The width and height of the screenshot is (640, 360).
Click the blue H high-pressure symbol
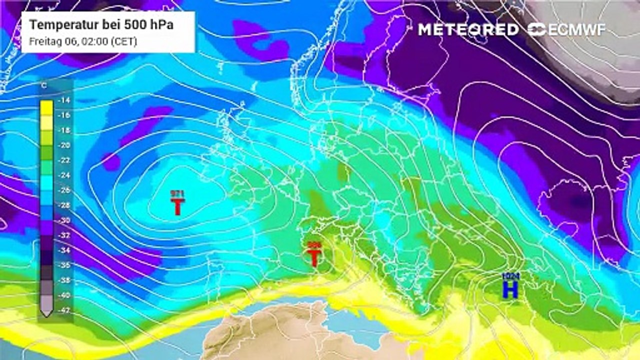(510, 289)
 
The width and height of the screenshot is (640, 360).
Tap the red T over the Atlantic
(177, 206)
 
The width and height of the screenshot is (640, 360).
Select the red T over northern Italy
(314, 257)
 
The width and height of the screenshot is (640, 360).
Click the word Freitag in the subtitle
(42, 41)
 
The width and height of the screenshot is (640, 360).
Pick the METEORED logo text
(468, 29)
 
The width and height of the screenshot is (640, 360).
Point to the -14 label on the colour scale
(63, 100)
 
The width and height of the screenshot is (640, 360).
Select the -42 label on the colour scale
(63, 310)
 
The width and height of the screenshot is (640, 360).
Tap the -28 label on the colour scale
(63, 205)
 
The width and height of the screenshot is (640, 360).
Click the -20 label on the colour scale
(63, 145)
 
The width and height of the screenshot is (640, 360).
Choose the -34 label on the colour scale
(63, 250)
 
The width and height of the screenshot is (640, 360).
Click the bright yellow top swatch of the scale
(46, 106)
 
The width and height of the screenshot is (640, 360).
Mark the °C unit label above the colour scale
(44, 86)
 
